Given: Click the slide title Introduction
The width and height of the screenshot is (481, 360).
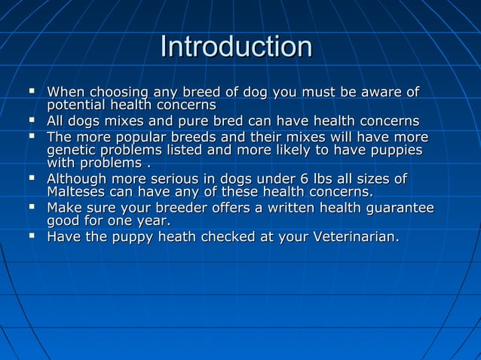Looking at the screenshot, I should click(x=236, y=47).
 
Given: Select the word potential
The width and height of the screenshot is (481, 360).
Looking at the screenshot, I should click(x=78, y=105).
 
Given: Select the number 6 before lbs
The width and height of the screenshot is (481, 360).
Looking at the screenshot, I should click(x=295, y=179).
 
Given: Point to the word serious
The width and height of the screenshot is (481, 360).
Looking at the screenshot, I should click(x=185, y=179).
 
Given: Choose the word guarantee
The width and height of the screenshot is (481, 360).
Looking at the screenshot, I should click(x=402, y=208).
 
